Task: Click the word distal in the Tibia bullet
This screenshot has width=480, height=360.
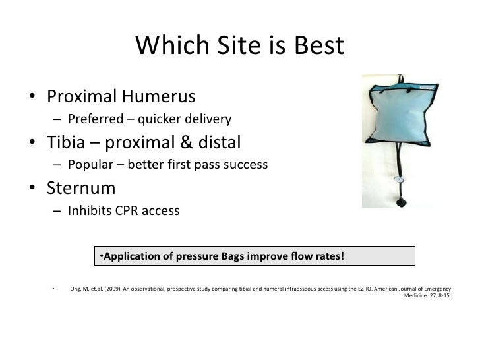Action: click(217, 142)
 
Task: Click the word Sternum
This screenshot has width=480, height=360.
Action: click(81, 188)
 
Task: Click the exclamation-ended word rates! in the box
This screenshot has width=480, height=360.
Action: click(327, 256)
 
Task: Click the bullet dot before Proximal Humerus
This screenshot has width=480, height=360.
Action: click(32, 98)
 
